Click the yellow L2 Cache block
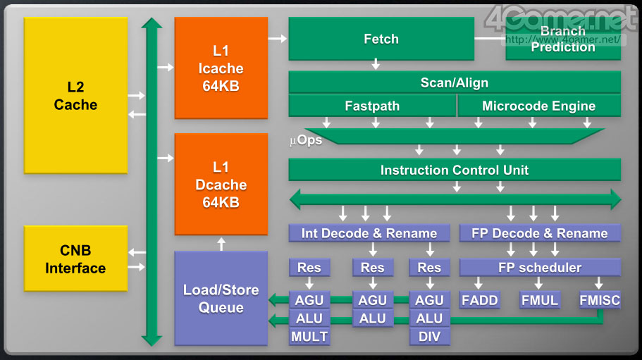(x=76, y=95)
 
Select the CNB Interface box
(x=76, y=259)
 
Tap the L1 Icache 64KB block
(x=221, y=68)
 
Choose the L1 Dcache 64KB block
(x=221, y=185)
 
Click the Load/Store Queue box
(x=221, y=298)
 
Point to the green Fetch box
(x=381, y=39)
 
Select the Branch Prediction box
(x=563, y=39)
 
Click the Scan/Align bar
(x=455, y=82)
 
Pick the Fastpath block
(x=372, y=106)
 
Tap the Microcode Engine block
(x=539, y=106)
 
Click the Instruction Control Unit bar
(x=455, y=170)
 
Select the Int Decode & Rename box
(x=369, y=233)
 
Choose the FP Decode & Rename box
(x=540, y=233)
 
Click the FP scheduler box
(x=540, y=268)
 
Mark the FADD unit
(x=480, y=300)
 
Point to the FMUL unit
(x=540, y=300)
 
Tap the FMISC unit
(x=600, y=300)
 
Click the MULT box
(x=309, y=337)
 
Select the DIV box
(x=429, y=337)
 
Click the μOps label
(x=306, y=140)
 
